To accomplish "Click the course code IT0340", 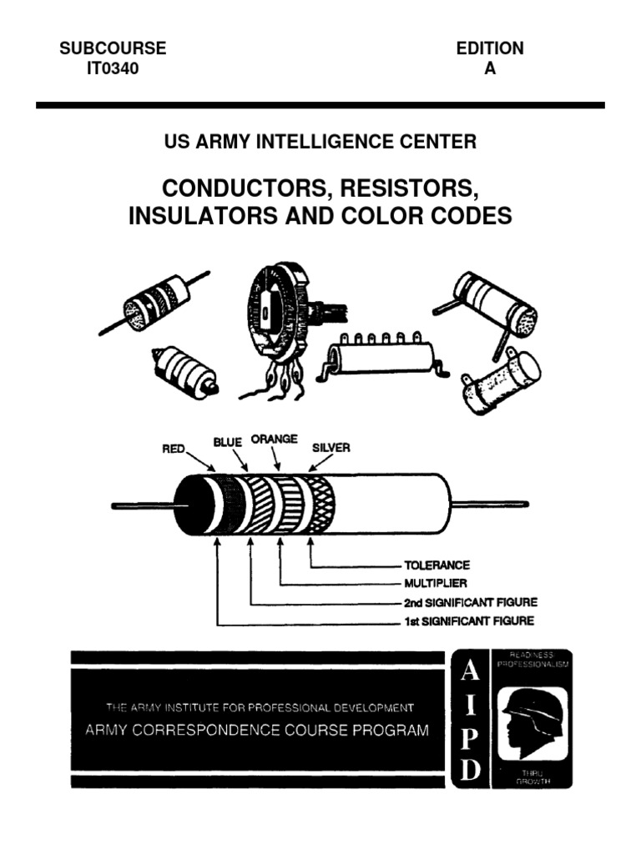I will [113, 69].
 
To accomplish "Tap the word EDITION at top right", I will [490, 48].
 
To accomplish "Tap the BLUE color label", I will [226, 442].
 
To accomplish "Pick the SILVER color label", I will [331, 448].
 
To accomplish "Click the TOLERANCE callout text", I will [438, 565].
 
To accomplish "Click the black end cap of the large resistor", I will [190, 506].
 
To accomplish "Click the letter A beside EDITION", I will [490, 69].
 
